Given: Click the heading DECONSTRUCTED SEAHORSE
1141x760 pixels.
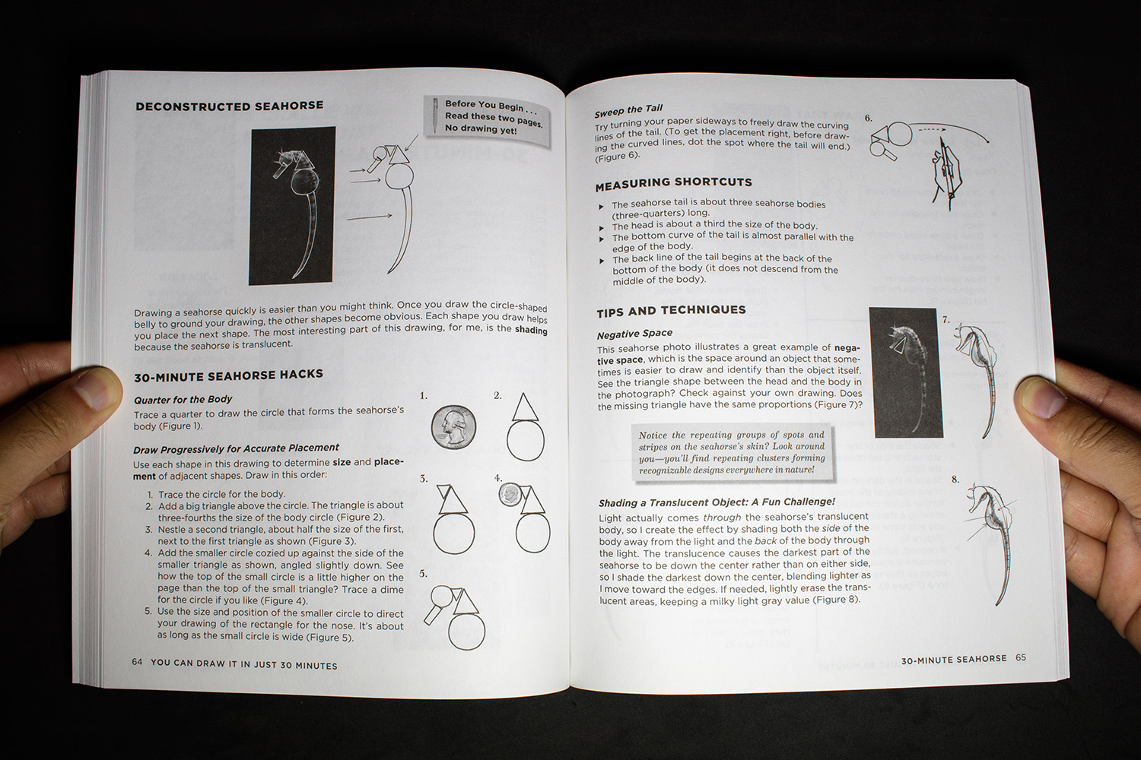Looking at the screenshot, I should [229, 106].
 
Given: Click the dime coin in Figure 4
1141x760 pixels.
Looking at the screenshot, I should [510, 496].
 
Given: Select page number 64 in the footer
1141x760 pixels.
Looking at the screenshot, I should [137, 662].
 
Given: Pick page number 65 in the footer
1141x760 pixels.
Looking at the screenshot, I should [1021, 657].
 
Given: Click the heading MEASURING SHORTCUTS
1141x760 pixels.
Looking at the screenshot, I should [673, 182].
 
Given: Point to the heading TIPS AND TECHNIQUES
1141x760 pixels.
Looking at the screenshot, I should [671, 310].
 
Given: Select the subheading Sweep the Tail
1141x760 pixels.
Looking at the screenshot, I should [628, 110].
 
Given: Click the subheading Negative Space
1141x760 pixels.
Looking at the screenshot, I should [634, 334].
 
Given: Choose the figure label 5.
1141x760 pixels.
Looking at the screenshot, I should [423, 574].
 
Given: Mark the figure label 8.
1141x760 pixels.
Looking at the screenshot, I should [955, 480].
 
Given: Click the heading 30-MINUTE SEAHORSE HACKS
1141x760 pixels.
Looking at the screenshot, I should [228, 375].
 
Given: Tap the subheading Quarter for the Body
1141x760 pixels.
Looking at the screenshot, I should [183, 400].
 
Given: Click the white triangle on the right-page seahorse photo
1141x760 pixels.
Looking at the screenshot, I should [899, 346].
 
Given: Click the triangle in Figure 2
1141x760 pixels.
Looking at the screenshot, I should [525, 408].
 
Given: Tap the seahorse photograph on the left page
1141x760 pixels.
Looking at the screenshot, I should [293, 206].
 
